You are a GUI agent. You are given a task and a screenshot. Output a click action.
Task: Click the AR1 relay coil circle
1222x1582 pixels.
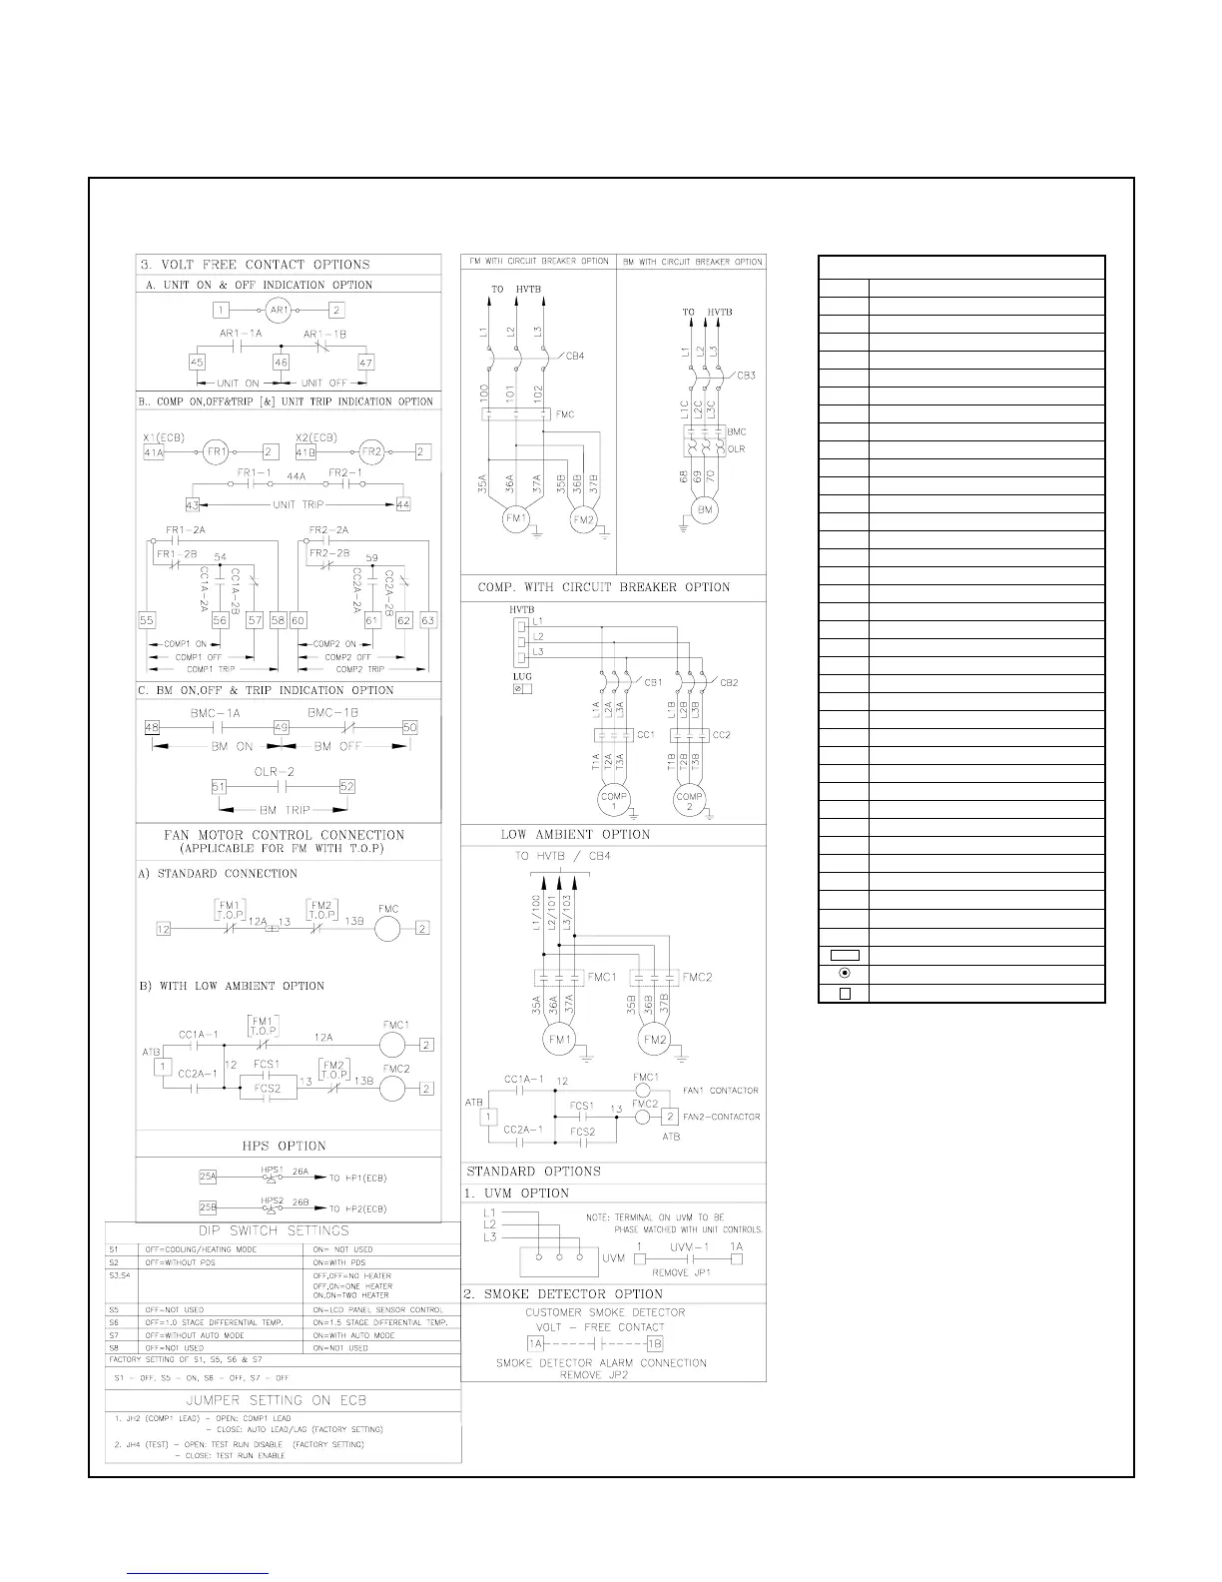click(x=280, y=311)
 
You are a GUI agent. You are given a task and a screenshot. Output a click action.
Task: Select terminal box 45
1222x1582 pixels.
click(x=197, y=364)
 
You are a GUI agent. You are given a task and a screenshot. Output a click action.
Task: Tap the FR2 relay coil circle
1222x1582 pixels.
click(x=371, y=452)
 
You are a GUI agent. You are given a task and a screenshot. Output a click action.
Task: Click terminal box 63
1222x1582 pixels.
click(x=428, y=620)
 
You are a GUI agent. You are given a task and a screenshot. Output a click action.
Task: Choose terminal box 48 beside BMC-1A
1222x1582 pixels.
click(x=152, y=728)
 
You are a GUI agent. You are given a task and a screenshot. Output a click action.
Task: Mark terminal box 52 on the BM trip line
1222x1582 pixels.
click(x=346, y=787)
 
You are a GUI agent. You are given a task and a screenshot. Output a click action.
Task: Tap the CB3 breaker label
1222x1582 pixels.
click(x=747, y=376)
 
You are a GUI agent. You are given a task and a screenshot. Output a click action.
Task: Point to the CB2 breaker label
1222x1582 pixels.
click(x=729, y=683)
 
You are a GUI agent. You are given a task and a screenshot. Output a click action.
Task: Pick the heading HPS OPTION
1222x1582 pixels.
click(x=289, y=1146)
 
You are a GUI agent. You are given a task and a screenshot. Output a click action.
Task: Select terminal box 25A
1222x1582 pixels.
click(x=209, y=1177)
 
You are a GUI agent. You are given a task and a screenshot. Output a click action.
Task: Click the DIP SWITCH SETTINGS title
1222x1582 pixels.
click(x=285, y=1230)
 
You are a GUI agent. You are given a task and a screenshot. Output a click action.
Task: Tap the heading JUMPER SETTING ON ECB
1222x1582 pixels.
click(x=285, y=1400)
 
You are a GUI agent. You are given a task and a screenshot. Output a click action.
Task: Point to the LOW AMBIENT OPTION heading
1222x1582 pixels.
click(x=575, y=835)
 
